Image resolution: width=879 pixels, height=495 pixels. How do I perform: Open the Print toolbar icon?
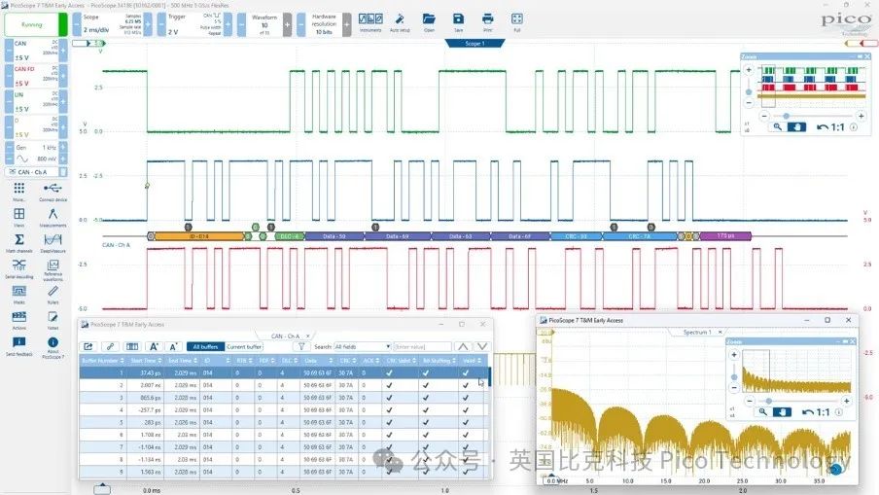[487, 20]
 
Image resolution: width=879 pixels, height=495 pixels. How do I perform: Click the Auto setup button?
[399, 20]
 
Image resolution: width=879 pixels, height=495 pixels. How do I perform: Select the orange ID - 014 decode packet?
[199, 235]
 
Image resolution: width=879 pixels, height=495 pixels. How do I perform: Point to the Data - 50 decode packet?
[341, 235]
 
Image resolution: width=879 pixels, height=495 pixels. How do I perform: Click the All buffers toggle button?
[207, 346]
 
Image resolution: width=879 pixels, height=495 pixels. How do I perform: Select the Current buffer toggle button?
[244, 346]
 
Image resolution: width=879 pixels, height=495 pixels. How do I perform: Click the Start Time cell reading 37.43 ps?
[149, 372]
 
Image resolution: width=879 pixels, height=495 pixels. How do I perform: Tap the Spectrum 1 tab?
[697, 332]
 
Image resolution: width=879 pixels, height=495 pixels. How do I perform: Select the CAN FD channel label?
[23, 69]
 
